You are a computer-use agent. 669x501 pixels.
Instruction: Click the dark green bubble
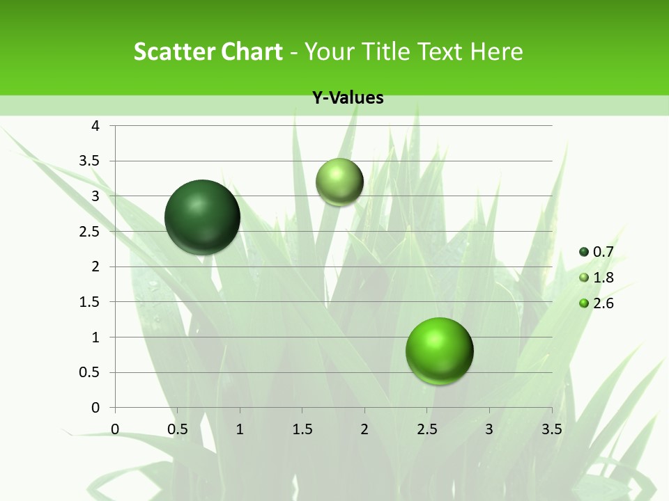pos(203,216)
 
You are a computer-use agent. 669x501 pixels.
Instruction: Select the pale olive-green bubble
pos(340,182)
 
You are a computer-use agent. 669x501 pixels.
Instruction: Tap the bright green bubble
pos(440,351)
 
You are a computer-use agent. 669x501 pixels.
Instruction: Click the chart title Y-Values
pos(348,98)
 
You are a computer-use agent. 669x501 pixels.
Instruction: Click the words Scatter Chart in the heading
pos(208,51)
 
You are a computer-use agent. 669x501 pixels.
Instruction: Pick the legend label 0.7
pos(603,252)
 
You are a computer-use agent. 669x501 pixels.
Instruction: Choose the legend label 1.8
pos(603,278)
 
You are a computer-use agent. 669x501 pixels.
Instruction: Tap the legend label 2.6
pos(603,303)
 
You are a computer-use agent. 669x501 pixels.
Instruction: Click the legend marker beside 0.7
pos(584,252)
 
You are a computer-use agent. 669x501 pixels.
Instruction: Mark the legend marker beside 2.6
pos(584,303)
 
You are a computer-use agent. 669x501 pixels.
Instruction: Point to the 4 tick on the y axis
pos(96,126)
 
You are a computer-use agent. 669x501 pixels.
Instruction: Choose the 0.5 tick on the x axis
pos(177,429)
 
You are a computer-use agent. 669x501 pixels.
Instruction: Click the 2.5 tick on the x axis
pos(426,429)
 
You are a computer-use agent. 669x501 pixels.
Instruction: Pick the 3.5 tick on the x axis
pos(551,429)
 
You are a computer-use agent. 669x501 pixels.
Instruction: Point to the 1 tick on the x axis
pos(240,429)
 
